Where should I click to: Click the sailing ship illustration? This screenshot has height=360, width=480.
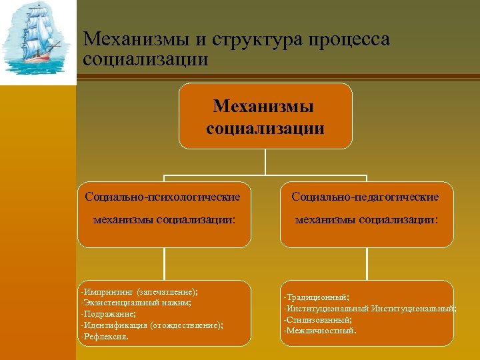[37, 41]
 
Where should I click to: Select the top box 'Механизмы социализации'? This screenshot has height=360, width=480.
[265, 116]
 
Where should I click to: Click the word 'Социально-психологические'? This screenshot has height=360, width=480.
[163, 197]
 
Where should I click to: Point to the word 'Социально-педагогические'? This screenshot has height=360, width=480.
[365, 197]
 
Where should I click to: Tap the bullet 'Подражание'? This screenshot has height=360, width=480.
[108, 313]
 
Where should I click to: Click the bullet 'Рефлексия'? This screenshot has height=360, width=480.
[104, 336]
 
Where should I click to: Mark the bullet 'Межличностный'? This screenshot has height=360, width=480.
[320, 330]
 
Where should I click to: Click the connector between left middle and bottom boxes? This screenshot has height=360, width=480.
[164, 264]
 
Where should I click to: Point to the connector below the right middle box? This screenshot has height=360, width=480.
[366, 264]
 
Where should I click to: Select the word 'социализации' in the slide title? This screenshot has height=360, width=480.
[146, 59]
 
